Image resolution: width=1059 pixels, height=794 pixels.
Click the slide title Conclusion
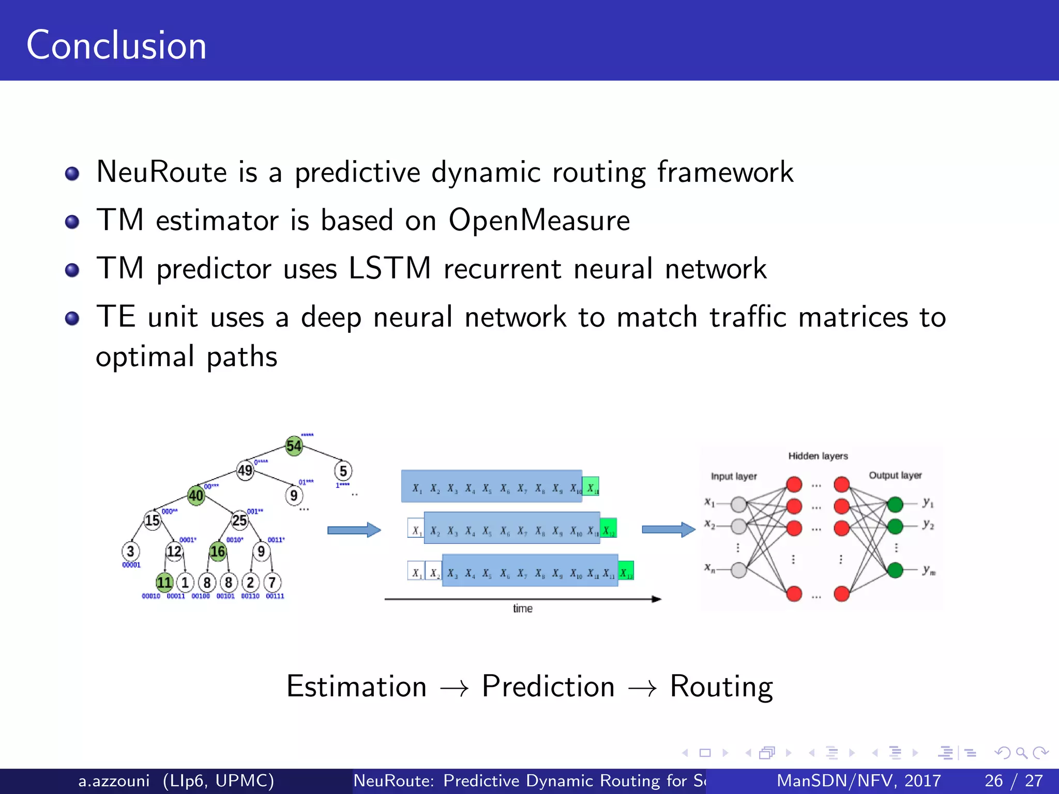tap(116, 45)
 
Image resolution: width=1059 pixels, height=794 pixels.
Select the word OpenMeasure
tap(539, 220)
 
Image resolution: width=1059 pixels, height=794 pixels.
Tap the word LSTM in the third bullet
tap(389, 268)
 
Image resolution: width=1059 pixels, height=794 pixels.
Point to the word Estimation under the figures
tap(356, 686)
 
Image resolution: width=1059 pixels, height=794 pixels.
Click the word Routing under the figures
tap(721, 686)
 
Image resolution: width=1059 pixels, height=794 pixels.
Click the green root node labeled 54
tap(294, 446)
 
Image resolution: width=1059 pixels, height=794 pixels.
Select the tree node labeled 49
tap(245, 470)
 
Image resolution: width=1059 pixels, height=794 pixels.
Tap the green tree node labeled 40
tap(196, 496)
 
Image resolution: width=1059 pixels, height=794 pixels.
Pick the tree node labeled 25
tap(239, 520)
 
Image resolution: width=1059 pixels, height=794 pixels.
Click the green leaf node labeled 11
tap(164, 583)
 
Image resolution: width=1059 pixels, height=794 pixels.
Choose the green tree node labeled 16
tap(218, 552)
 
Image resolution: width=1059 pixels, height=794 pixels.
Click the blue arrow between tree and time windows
tap(354, 530)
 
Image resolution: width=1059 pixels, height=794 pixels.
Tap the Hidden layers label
tap(818, 456)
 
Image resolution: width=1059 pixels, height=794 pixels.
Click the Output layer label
tap(895, 475)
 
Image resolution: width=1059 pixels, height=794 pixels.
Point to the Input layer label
tap(733, 476)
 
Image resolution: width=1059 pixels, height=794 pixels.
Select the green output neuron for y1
tap(895, 503)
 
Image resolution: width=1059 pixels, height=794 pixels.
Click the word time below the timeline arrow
tap(522, 608)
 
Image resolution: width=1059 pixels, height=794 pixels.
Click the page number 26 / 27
tap(1013, 781)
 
